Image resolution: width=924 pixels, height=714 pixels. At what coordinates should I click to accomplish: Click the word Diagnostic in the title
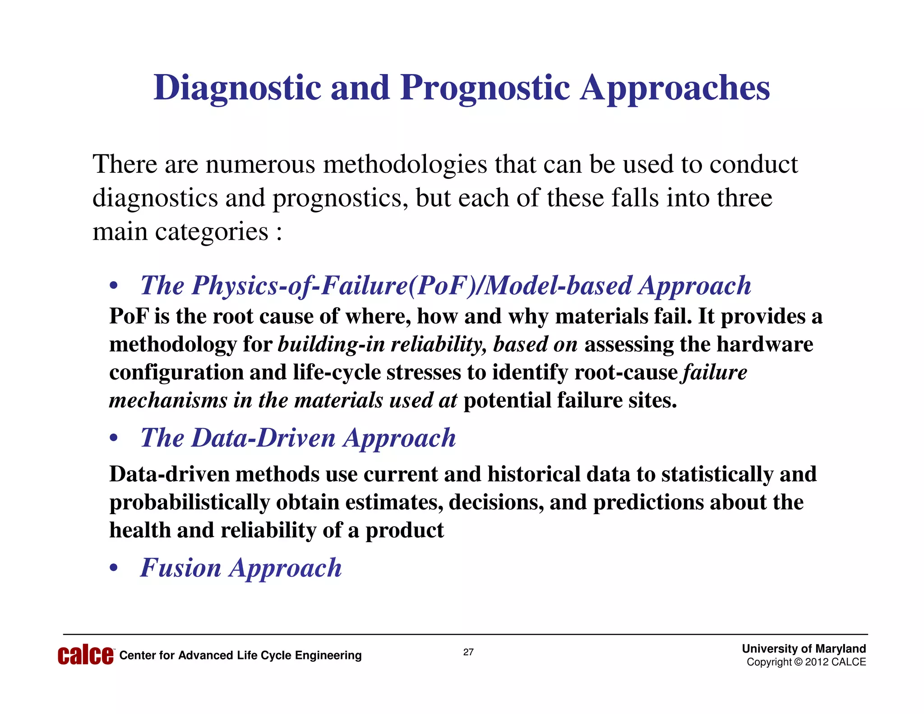(x=237, y=88)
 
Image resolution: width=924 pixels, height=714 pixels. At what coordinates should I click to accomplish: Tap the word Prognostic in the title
(x=485, y=88)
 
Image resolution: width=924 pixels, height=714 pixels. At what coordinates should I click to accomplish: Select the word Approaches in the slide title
(x=675, y=88)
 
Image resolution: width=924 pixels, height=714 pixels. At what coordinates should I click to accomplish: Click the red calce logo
(x=86, y=655)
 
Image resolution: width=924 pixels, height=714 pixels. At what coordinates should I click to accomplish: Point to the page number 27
(x=468, y=652)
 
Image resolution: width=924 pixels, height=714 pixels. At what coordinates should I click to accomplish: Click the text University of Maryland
(x=804, y=649)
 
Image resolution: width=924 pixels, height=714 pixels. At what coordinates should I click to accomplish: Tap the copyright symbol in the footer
(x=798, y=662)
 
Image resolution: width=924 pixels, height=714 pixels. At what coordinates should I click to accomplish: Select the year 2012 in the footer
(x=817, y=662)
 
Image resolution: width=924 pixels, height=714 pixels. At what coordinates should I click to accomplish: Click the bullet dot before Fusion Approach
(x=114, y=569)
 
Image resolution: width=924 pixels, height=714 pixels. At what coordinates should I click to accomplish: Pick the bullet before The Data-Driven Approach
(x=114, y=439)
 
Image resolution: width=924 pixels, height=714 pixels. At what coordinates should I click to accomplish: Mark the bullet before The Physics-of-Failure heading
(x=114, y=286)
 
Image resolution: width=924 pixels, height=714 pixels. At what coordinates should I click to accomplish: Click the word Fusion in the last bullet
(x=180, y=568)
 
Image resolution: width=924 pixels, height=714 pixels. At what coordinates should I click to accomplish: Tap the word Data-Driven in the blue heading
(x=264, y=438)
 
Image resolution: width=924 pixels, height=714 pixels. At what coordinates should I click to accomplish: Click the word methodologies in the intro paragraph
(x=405, y=164)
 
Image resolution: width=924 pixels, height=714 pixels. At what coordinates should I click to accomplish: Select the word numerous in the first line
(x=260, y=164)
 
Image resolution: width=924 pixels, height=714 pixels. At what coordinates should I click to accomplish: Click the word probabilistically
(x=189, y=502)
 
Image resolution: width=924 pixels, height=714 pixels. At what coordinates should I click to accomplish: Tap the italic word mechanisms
(x=168, y=400)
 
